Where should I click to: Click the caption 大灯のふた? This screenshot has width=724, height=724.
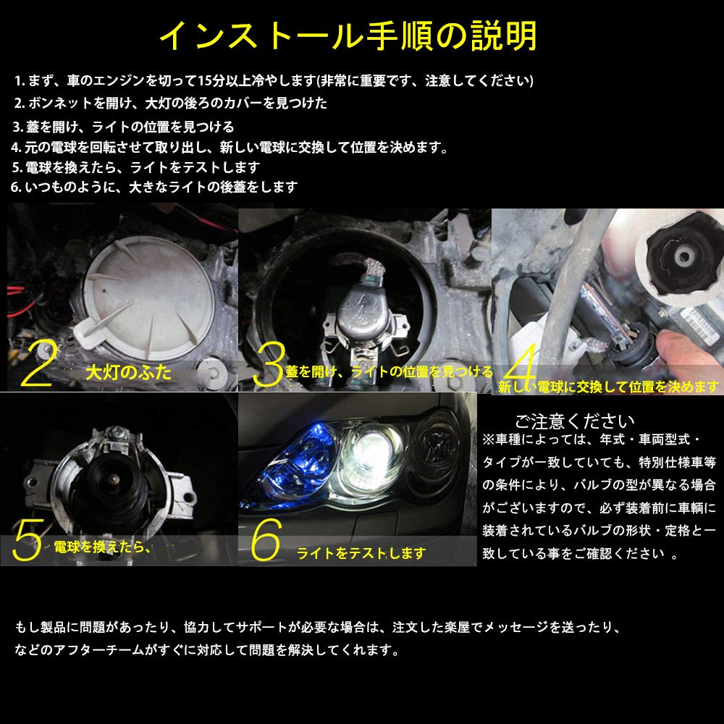[128, 374]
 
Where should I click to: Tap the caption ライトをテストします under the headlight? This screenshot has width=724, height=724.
[361, 554]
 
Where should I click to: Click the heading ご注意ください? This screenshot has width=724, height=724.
[574, 421]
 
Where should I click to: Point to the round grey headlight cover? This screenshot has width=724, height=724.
[145, 290]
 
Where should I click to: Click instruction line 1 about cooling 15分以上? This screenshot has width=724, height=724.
[273, 80]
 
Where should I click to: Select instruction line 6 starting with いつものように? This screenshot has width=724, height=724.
[154, 187]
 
